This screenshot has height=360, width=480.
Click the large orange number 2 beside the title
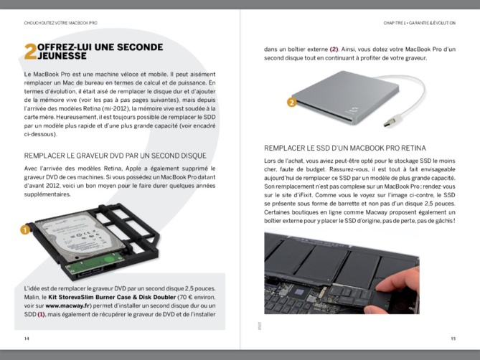29,52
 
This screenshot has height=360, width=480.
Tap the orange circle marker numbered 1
24,229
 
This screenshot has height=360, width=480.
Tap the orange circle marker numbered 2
292,103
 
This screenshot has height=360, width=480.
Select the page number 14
27,338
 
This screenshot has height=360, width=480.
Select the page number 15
453,338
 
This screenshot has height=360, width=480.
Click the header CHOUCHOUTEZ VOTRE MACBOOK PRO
60,22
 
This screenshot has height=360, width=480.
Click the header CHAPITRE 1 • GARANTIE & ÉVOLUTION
419,22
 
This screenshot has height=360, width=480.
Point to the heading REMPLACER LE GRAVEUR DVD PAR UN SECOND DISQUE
116,155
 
